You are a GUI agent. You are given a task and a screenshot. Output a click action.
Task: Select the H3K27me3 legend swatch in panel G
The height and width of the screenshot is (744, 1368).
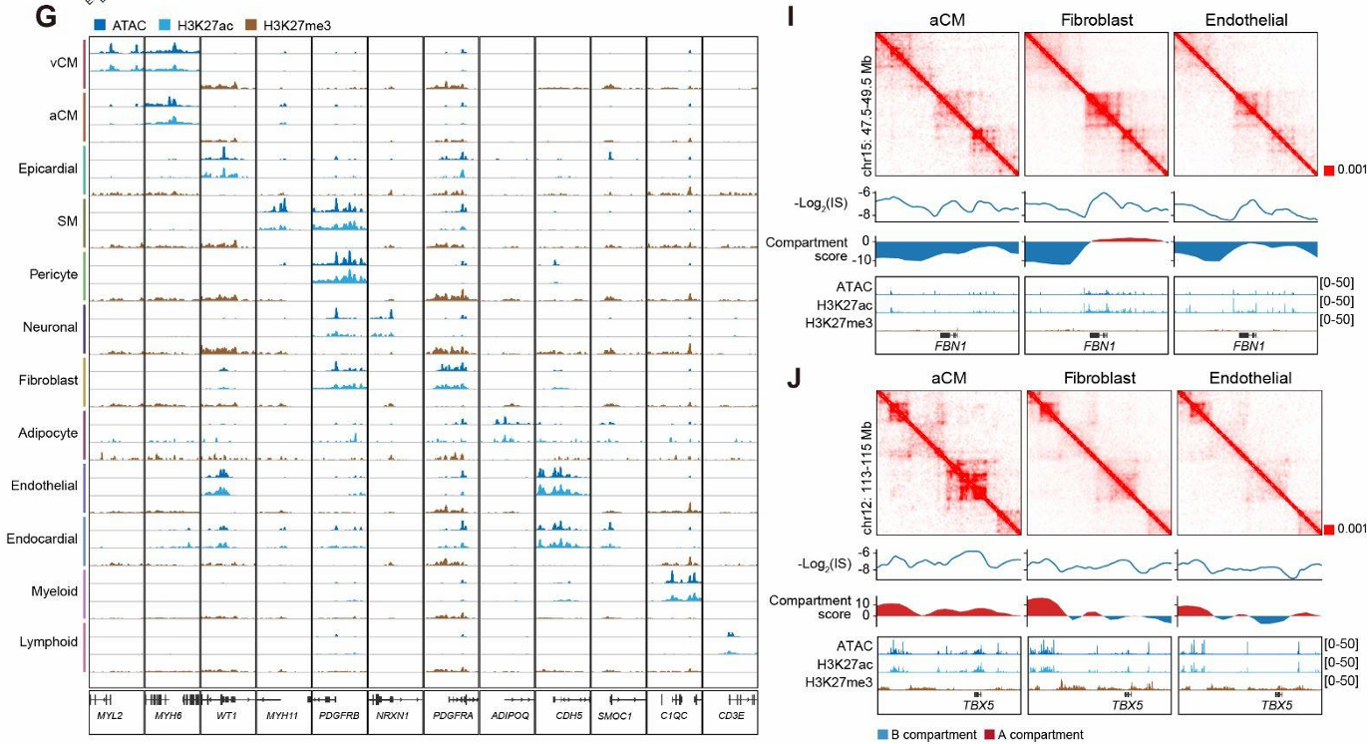coord(249,24)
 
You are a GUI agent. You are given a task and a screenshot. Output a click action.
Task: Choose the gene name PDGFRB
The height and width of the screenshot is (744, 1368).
coord(339,715)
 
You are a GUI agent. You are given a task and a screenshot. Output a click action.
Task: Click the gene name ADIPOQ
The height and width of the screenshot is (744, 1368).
coord(507,715)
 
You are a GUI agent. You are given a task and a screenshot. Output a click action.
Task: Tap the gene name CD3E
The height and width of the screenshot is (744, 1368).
coord(731,715)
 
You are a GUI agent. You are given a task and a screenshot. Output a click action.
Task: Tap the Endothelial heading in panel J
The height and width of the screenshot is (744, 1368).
coord(1249,378)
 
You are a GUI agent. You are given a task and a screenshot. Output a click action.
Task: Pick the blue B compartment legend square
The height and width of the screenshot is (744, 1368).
coord(881,735)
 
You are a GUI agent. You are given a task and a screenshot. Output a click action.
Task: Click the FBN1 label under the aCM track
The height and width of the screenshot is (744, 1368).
coord(946,346)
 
